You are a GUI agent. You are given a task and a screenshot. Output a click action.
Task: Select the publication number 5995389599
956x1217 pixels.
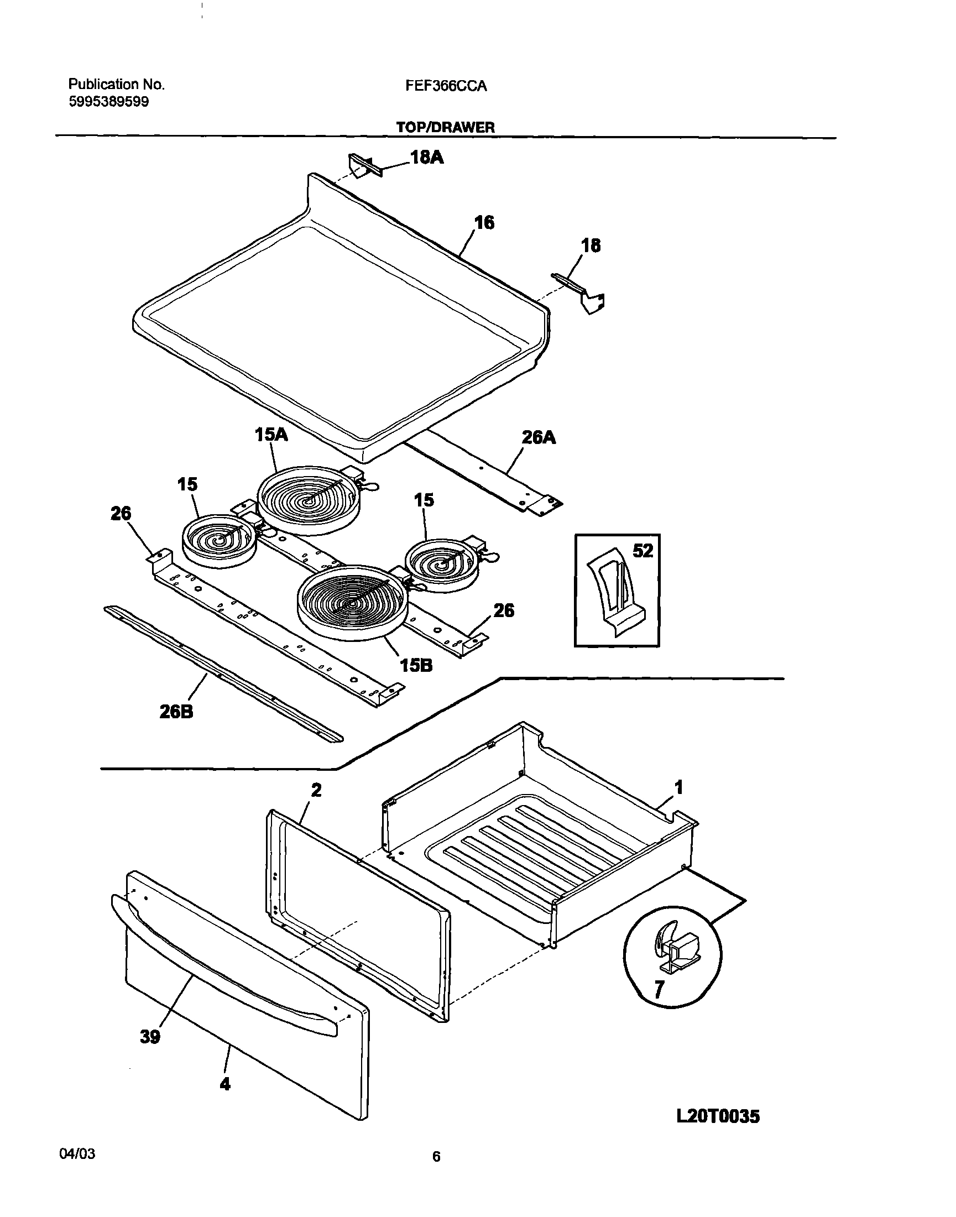click(x=108, y=102)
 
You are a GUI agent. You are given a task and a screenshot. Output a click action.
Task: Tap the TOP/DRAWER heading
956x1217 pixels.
click(x=446, y=127)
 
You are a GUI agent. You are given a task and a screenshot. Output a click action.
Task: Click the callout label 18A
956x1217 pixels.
click(x=426, y=158)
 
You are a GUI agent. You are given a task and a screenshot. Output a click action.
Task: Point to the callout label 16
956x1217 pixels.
click(x=484, y=222)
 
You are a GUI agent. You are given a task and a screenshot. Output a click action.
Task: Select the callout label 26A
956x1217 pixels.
click(x=539, y=437)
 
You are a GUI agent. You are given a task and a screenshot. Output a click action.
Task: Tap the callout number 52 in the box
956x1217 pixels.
click(x=642, y=551)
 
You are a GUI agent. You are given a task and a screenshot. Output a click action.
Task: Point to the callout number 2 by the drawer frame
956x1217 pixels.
click(x=316, y=790)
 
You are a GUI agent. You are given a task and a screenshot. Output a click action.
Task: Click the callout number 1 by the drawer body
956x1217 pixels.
click(x=678, y=787)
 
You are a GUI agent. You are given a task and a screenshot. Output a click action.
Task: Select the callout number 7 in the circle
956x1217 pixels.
click(x=659, y=990)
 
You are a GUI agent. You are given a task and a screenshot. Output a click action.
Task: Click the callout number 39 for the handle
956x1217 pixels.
click(x=150, y=1037)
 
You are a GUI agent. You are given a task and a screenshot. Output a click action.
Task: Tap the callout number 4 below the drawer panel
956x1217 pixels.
click(x=224, y=1084)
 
